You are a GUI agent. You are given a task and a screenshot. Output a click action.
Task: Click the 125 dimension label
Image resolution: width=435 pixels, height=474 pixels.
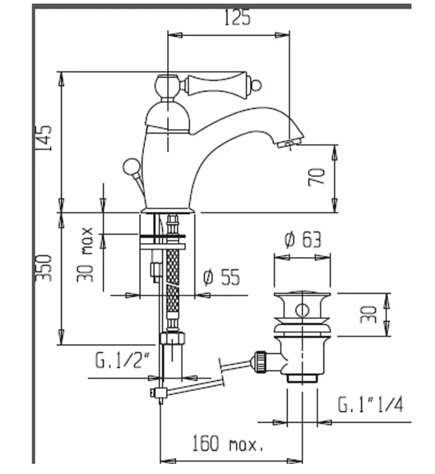point(238,18)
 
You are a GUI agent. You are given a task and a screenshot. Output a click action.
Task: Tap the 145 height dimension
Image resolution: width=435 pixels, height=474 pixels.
point(45,138)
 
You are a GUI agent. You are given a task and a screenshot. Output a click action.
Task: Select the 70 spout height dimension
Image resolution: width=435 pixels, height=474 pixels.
point(317,177)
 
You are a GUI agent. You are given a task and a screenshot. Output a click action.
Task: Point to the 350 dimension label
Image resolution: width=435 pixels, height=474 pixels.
point(45,266)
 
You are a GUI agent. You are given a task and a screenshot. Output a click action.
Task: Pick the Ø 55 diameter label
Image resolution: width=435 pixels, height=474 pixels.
point(221,278)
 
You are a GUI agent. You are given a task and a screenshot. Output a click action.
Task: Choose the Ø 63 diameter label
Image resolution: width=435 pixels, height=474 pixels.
point(303,239)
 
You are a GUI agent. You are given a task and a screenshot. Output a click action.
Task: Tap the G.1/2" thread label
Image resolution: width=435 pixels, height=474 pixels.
point(122,360)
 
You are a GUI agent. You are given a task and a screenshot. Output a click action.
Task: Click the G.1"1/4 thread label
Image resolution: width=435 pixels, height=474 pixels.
point(371,405)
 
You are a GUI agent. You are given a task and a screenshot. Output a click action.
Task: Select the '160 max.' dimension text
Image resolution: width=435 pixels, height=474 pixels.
point(228,443)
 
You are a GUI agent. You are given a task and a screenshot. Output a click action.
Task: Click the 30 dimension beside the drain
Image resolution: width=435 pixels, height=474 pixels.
point(368,314)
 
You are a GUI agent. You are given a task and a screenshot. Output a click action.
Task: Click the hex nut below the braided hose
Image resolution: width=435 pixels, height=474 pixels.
point(172,338)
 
